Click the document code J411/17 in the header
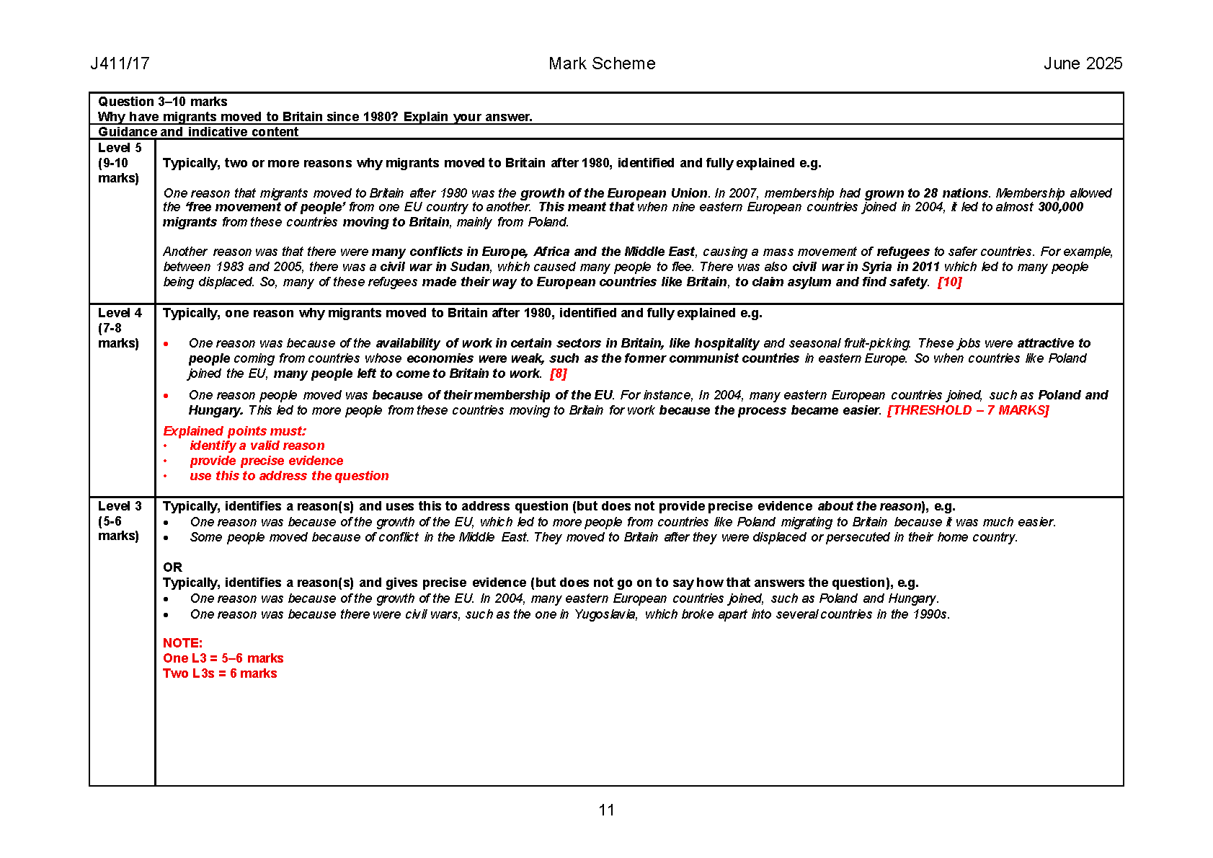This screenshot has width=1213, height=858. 120,63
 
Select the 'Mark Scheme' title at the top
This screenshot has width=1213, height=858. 602,63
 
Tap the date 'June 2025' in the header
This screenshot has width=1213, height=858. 1083,63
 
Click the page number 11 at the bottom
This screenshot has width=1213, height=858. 606,810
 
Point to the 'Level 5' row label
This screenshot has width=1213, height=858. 120,148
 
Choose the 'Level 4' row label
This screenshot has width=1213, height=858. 120,313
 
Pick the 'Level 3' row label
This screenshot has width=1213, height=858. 120,506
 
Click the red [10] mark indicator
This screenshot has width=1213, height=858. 949,282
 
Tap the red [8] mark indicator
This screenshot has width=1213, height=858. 559,373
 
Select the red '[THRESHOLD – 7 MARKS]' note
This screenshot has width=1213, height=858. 968,410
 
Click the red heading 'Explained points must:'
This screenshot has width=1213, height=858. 234,431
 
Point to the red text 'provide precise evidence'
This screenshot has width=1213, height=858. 266,461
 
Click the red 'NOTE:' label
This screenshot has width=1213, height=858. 182,643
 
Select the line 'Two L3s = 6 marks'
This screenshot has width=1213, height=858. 220,673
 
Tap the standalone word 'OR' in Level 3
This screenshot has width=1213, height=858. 172,567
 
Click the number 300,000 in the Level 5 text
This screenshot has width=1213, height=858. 1060,207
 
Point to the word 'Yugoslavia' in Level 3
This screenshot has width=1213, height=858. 605,614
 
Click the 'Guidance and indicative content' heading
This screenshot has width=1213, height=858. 198,132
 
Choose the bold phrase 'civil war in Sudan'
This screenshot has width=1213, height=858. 435,267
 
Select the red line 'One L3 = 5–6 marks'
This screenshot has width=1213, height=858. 223,658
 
